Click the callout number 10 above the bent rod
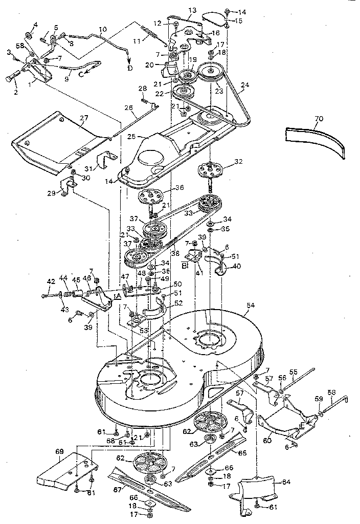tap(103, 30)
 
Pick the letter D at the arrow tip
tap(129, 68)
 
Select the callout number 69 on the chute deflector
tap(60, 451)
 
